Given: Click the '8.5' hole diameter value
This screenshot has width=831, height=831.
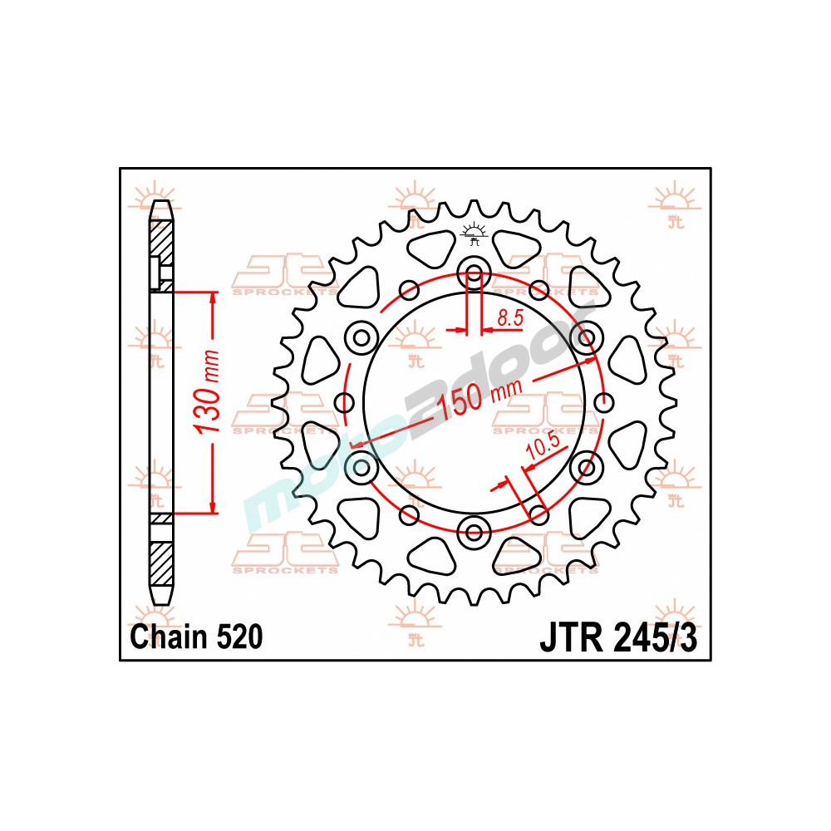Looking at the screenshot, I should pos(509,317).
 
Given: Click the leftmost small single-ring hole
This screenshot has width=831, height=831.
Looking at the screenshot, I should pos(343,403).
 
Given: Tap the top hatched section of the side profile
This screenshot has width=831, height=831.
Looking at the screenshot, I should pos(161,242).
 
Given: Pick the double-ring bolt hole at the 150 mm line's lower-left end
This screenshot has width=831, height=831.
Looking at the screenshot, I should pos(361,467).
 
